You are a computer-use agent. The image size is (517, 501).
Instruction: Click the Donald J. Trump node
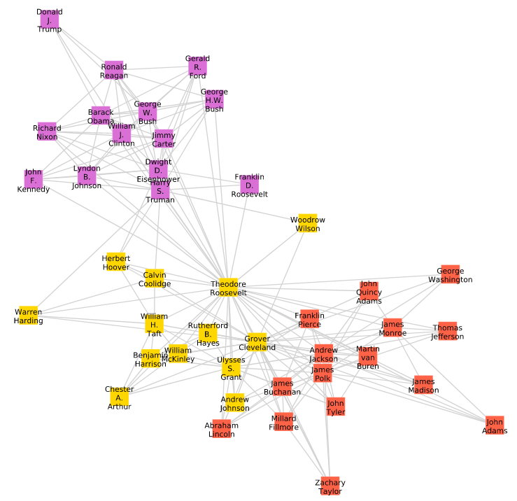click(x=49, y=20)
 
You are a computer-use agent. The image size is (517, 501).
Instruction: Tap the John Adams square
click(x=495, y=425)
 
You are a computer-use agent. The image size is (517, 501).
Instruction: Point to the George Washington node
click(x=450, y=274)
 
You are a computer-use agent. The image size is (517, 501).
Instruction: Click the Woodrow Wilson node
click(x=308, y=223)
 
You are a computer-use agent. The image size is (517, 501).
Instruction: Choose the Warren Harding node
click(x=28, y=316)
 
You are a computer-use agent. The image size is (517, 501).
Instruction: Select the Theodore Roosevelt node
click(x=228, y=288)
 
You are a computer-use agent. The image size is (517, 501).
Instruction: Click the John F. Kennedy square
click(x=33, y=180)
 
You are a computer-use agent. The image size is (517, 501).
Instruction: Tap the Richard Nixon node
click(x=47, y=132)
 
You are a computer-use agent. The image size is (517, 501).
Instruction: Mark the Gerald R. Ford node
click(x=197, y=67)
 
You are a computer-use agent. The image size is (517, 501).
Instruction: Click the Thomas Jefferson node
click(x=447, y=332)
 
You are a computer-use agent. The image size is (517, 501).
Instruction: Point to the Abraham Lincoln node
click(x=221, y=429)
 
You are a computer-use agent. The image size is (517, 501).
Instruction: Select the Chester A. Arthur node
click(x=119, y=397)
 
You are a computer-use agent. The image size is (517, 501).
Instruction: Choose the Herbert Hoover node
click(x=116, y=262)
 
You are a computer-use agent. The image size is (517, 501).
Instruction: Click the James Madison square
click(x=424, y=385)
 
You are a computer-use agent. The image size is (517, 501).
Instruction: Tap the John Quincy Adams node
click(x=369, y=291)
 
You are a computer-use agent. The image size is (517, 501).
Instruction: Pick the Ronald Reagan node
click(x=113, y=70)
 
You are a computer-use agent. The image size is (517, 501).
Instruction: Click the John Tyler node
click(x=336, y=407)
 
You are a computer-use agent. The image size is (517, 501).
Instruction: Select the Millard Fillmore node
click(x=284, y=422)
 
